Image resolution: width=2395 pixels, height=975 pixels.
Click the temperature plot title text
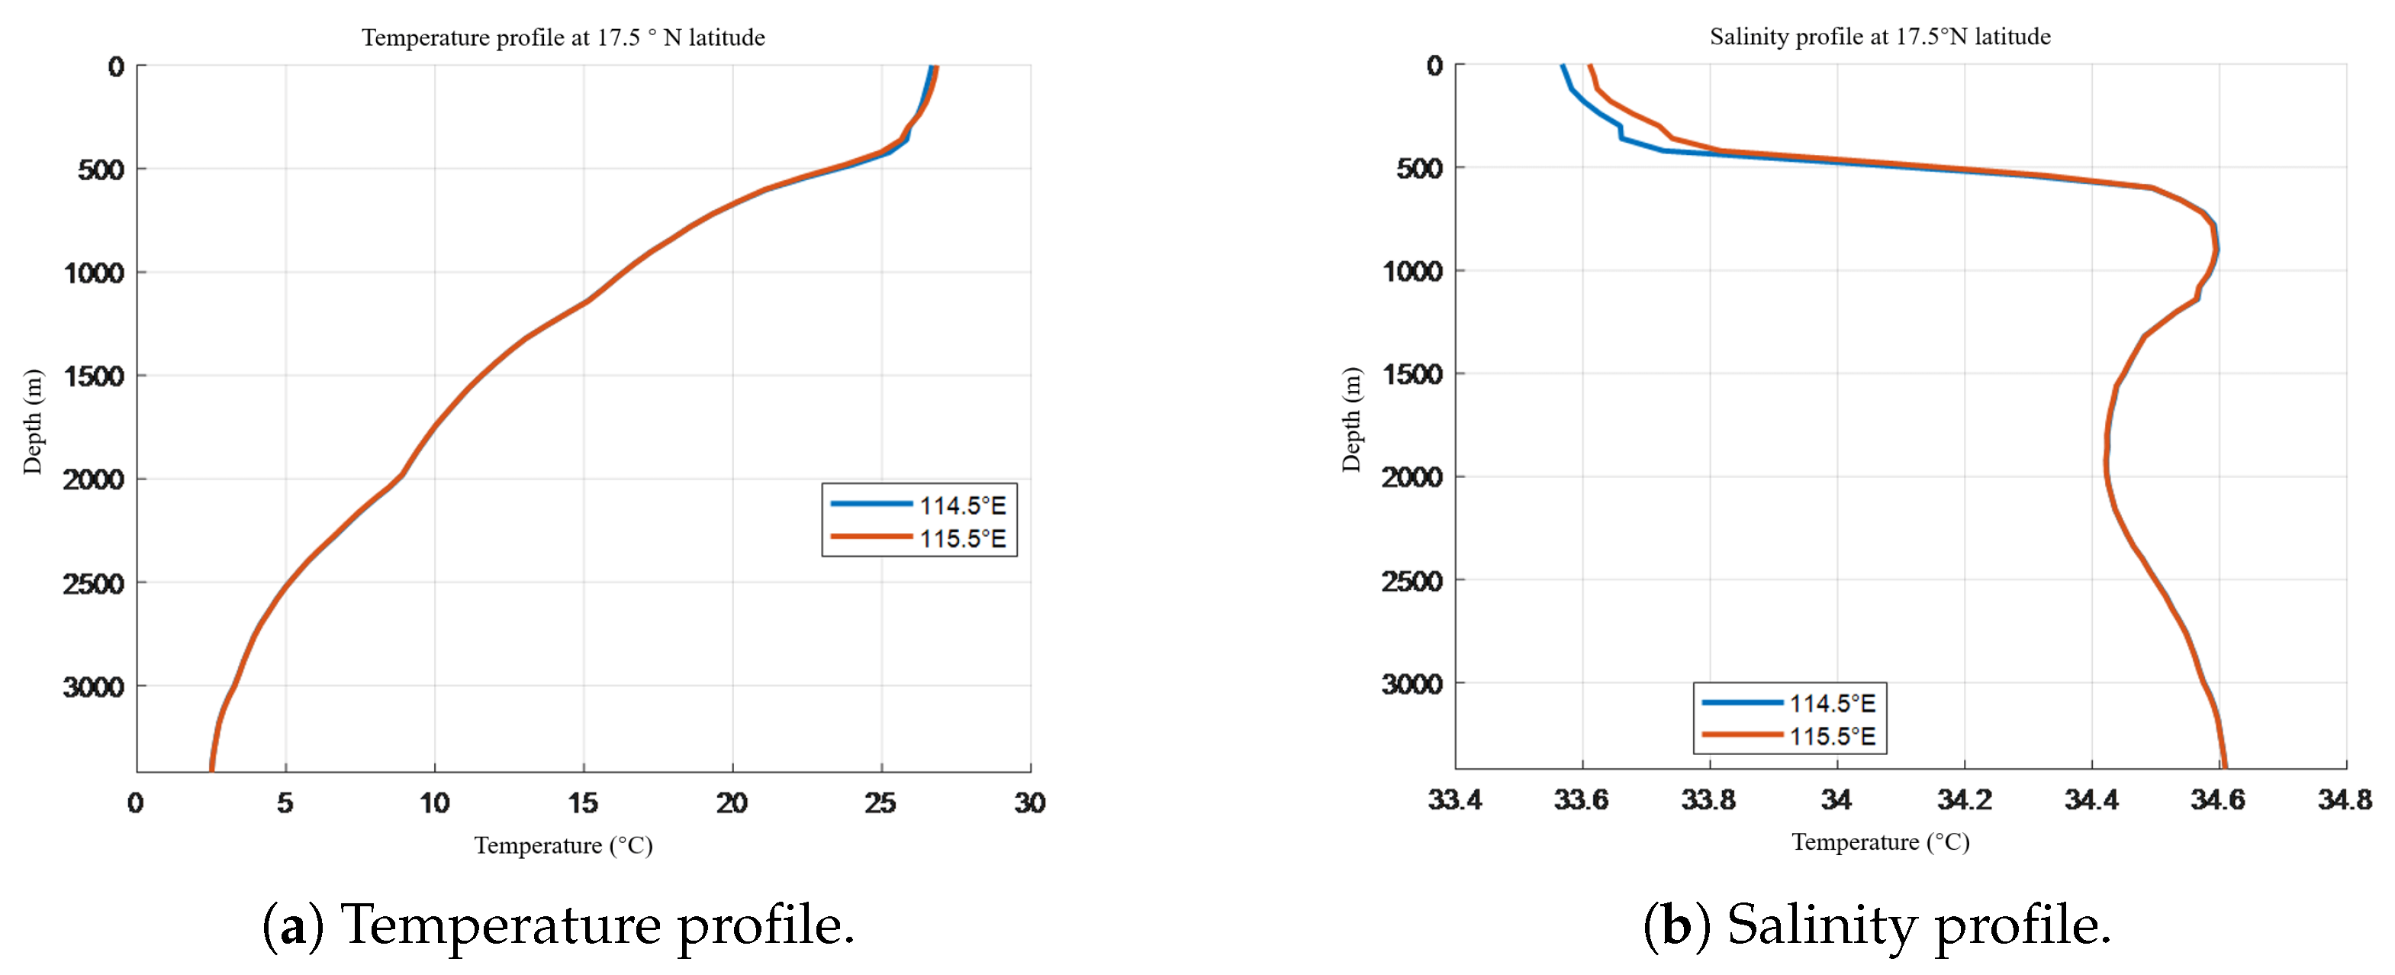(562, 37)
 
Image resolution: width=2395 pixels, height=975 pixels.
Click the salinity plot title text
(1879, 37)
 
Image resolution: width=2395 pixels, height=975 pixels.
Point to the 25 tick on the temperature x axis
(880, 802)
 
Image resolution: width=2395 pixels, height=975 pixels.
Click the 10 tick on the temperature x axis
(434, 802)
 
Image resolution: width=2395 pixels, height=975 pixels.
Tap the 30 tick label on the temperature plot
(1029, 802)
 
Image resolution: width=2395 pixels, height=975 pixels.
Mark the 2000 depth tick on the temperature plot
(93, 479)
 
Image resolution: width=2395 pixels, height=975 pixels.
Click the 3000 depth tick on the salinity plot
(1412, 684)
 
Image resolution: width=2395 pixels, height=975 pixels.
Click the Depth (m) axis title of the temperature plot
(33, 421)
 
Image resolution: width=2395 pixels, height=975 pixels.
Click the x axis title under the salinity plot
(1879, 842)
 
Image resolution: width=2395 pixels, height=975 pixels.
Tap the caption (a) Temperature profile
(558, 925)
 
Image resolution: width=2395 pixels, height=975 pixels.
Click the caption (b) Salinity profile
(1876, 925)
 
